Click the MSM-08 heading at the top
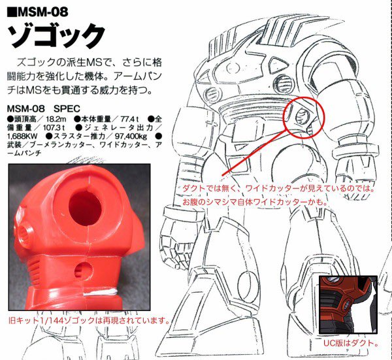[37, 12]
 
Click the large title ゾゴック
[56, 36]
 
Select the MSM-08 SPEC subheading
[43, 108]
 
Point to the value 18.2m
[56, 119]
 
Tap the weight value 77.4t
[130, 119]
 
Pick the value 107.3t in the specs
[54, 128]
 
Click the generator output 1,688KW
[22, 137]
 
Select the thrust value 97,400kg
[131, 137]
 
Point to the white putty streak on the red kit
[100, 292]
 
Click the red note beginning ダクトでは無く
[278, 188]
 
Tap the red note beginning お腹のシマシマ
[255, 202]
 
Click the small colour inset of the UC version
[348, 304]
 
